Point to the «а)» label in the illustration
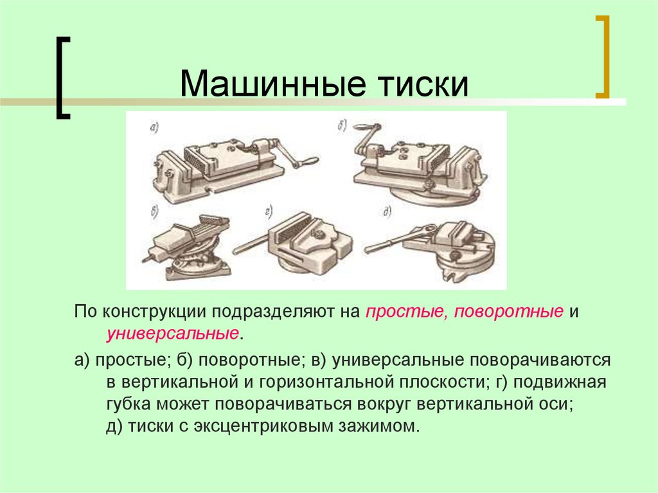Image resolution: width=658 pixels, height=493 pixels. tap(154, 129)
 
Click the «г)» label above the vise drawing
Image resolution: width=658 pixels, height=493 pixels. tap(268, 209)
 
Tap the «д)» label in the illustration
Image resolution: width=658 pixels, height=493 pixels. tap(387, 210)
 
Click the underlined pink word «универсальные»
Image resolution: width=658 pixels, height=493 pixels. tap(173, 334)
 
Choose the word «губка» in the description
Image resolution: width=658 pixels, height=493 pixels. tap(127, 405)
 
